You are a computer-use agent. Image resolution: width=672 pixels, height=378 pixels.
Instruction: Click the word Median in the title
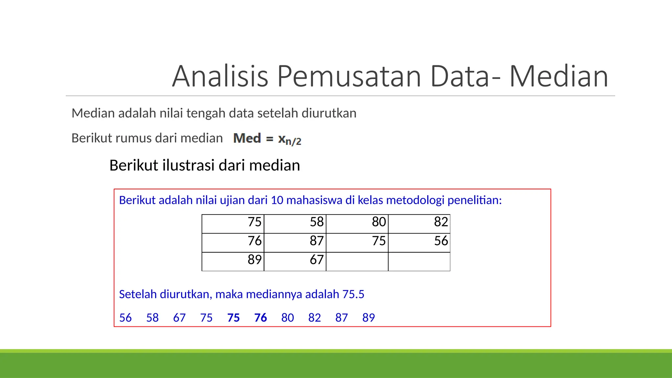pyautogui.click(x=558, y=76)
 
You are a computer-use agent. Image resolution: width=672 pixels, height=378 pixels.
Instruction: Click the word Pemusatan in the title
pyautogui.click(x=349, y=76)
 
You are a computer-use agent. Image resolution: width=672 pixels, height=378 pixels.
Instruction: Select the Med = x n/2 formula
pyautogui.click(x=267, y=139)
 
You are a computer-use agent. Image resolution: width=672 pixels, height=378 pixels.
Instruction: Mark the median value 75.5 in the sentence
pyautogui.click(x=353, y=294)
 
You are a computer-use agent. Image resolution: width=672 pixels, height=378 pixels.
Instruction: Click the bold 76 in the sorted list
pyautogui.click(x=261, y=318)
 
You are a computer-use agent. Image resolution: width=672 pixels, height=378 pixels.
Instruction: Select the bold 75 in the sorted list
pyautogui.click(x=233, y=318)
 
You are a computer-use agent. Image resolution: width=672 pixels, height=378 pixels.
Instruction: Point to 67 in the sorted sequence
pyautogui.click(x=179, y=318)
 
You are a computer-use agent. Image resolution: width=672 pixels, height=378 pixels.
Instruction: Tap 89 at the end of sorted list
pyautogui.click(x=368, y=318)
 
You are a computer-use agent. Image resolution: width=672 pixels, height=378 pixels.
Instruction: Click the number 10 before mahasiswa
pyautogui.click(x=277, y=200)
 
